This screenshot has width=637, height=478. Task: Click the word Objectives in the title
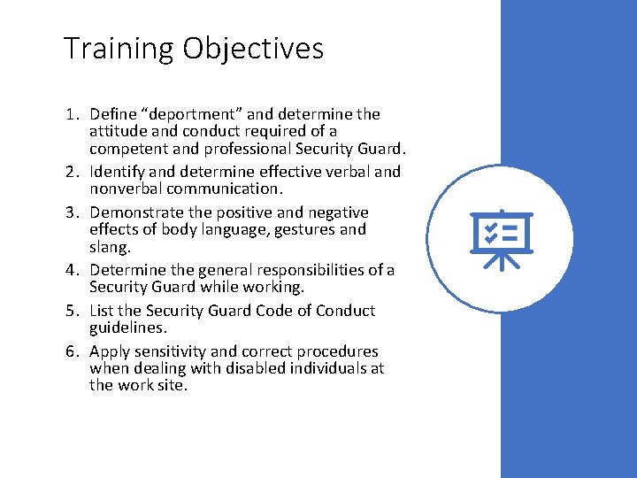click(254, 50)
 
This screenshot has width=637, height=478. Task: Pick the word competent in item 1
click(126, 148)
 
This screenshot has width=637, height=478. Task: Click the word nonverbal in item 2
click(127, 189)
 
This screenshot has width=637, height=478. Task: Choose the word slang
click(110, 246)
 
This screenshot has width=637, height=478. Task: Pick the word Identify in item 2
click(118, 172)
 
